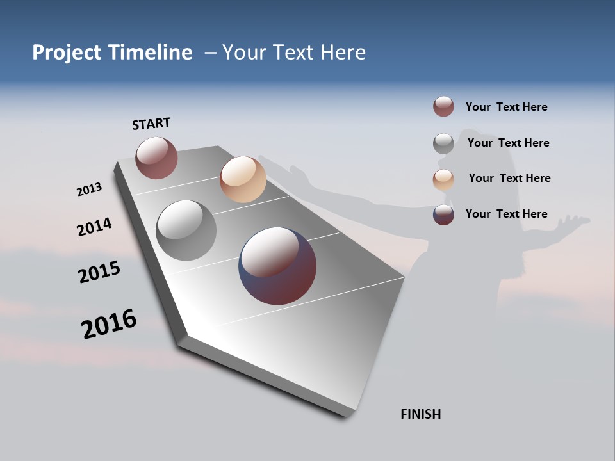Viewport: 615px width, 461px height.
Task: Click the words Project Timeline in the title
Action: tap(112, 53)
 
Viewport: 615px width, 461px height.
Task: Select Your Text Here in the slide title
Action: tap(294, 53)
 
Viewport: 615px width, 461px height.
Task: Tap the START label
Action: tap(151, 124)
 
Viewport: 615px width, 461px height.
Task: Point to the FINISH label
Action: tap(421, 414)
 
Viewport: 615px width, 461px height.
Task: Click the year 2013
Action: tap(89, 190)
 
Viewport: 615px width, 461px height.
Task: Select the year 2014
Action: tap(94, 227)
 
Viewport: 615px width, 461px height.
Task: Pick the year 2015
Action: tap(99, 272)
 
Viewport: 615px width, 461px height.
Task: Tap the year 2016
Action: tap(109, 323)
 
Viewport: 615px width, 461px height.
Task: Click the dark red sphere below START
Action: tap(156, 158)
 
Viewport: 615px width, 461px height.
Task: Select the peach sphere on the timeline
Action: tap(243, 179)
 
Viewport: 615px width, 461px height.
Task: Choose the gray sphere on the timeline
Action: tap(186, 230)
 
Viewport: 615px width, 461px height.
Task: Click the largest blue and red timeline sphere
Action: tap(277, 266)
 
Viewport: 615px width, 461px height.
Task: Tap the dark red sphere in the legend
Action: tap(443, 106)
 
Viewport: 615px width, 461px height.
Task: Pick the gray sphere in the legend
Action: tap(443, 143)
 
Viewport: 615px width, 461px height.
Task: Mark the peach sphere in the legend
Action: tap(443, 179)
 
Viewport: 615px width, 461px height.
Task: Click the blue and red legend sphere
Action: tap(443, 214)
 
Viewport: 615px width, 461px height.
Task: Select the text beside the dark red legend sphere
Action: tap(506, 107)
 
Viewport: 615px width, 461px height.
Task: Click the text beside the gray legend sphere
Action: tap(508, 143)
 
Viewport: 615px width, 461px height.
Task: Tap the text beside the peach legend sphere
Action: tap(509, 178)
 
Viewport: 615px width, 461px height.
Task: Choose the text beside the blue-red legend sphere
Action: tap(506, 214)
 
